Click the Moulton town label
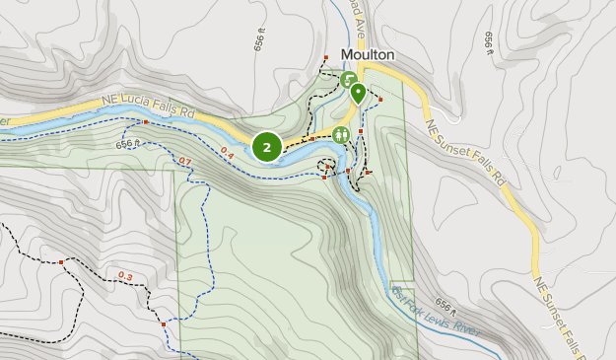pyautogui.click(x=369, y=55)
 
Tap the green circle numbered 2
pyautogui.click(x=266, y=147)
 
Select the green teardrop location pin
pyautogui.click(x=357, y=94)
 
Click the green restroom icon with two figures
pyautogui.click(x=341, y=135)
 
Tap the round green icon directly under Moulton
pyautogui.click(x=348, y=78)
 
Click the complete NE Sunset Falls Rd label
pyautogui.click(x=464, y=154)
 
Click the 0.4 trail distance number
pyautogui.click(x=227, y=153)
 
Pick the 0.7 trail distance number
pyautogui.click(x=184, y=161)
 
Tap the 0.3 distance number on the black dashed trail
pyautogui.click(x=125, y=275)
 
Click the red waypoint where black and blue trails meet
pyautogui.click(x=162, y=322)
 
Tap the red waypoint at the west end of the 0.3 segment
pyautogui.click(x=61, y=261)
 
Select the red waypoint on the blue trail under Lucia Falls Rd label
pyautogui.click(x=144, y=122)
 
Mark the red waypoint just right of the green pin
pyautogui.click(x=379, y=101)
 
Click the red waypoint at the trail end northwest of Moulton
pyautogui.click(x=325, y=58)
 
